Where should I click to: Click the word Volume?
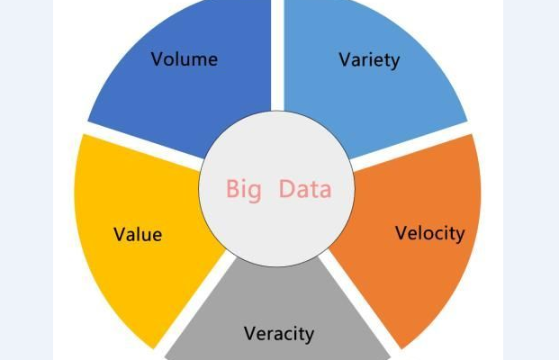[185, 59]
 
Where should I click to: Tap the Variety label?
[369, 60]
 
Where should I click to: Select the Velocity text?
[430, 233]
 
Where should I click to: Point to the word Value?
[138, 235]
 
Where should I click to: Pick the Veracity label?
[279, 334]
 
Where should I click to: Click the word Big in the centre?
[244, 190]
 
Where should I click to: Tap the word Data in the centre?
[305, 189]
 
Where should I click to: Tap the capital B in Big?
[232, 189]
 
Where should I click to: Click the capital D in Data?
[286, 189]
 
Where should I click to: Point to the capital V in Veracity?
[251, 333]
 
